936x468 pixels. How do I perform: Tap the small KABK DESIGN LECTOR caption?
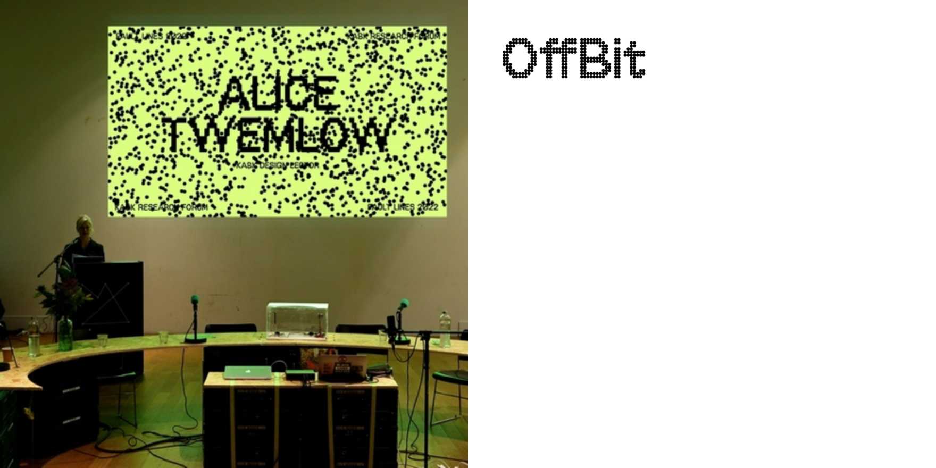click(x=277, y=165)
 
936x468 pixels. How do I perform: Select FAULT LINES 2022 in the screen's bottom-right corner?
click(x=403, y=207)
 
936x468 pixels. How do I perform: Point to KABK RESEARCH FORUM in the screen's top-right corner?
click(x=394, y=36)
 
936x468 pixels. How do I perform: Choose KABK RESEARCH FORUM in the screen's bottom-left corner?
click(x=161, y=207)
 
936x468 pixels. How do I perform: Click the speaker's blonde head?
click(x=84, y=224)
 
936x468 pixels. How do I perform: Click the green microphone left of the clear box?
click(x=195, y=301)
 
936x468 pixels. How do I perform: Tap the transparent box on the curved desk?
click(x=297, y=321)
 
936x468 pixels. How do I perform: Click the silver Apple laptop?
click(x=247, y=372)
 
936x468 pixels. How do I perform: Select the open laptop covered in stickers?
click(x=342, y=367)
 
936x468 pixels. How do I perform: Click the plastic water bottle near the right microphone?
click(x=445, y=330)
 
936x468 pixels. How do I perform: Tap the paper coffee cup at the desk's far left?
click(x=7, y=354)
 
